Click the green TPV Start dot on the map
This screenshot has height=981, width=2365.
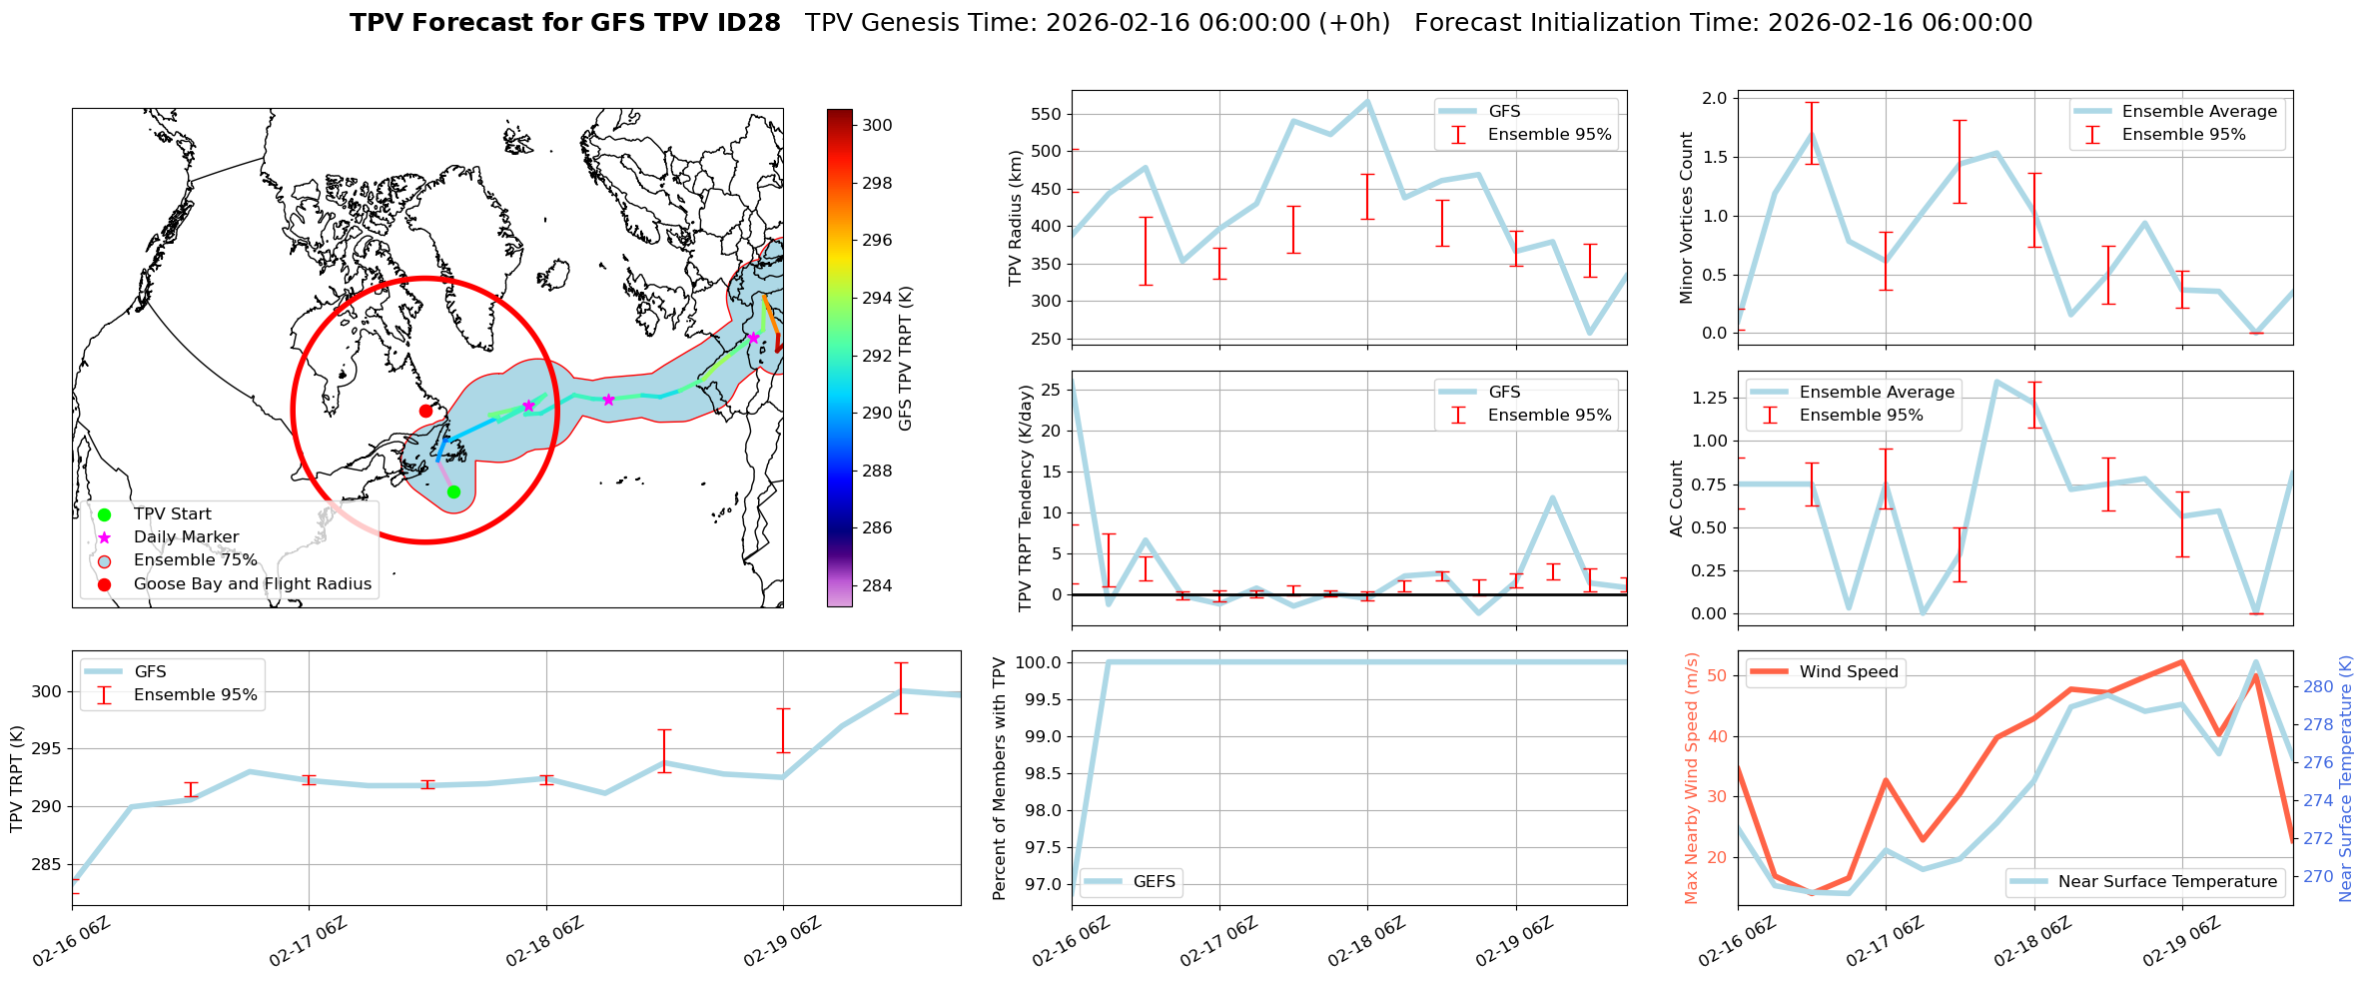453,491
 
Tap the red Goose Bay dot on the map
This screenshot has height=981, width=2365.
425,411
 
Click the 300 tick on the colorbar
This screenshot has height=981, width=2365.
877,126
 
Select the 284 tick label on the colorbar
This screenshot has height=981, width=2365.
877,585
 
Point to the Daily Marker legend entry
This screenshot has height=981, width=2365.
186,537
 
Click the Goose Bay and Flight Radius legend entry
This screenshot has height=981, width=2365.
252,584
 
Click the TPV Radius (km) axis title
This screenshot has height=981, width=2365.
1016,218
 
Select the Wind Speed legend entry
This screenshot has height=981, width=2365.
1848,672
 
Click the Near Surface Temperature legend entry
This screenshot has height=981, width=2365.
2167,882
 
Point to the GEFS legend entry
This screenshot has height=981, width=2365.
1154,882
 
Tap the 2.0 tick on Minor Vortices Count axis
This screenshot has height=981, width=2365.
1714,98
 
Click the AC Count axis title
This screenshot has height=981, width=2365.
1677,498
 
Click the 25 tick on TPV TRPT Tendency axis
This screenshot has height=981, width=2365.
1051,391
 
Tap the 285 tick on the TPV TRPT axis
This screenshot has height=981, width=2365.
47,864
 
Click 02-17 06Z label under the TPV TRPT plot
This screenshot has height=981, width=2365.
307,942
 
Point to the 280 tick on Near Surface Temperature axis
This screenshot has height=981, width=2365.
2318,686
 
